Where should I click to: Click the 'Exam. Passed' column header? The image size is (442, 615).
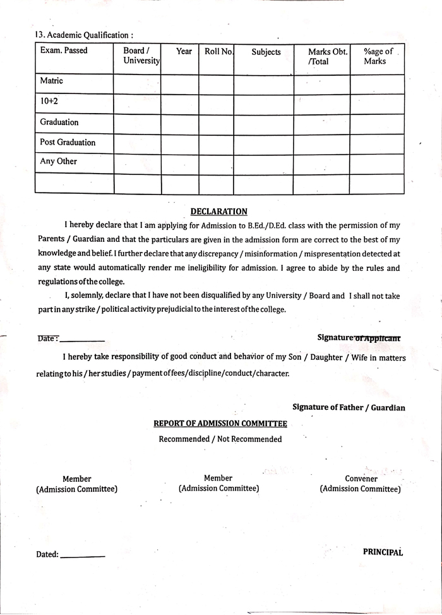tap(64, 51)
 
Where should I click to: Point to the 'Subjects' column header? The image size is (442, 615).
tap(266, 52)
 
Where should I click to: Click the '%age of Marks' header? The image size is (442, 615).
tap(378, 56)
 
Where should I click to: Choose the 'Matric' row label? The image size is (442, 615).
tap(52, 81)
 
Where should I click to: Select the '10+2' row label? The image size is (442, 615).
tap(49, 101)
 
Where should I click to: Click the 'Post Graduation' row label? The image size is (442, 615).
tap(68, 142)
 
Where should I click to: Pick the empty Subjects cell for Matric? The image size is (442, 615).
tap(263, 84)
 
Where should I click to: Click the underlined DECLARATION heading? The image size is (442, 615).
tap(218, 212)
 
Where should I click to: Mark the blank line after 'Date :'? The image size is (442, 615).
tap(82, 341)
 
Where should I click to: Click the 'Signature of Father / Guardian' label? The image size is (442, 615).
tap(349, 408)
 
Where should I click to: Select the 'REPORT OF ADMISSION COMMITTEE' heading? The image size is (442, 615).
tap(220, 423)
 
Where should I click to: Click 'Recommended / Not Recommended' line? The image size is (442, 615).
tap(220, 439)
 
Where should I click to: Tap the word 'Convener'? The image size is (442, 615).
tap(361, 479)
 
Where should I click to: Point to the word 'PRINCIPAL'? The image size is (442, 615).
tap(383, 552)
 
